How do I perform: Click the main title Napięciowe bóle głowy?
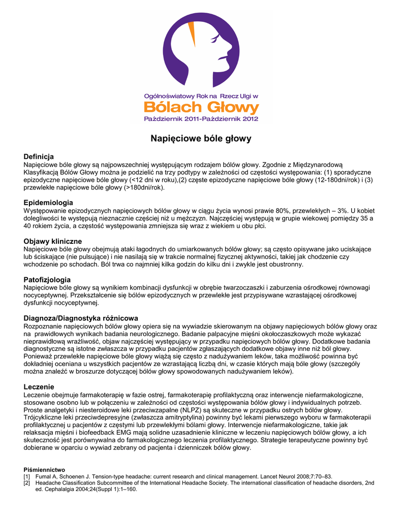201,138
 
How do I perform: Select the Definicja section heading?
39,156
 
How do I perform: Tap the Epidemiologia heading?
48,203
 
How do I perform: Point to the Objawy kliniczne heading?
53,241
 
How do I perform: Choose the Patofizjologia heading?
47,280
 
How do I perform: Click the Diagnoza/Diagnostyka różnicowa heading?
81,318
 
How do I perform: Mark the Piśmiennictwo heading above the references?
45,469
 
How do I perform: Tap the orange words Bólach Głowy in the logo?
201,107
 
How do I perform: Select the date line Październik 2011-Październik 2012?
201,119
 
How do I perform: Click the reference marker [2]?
27,483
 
